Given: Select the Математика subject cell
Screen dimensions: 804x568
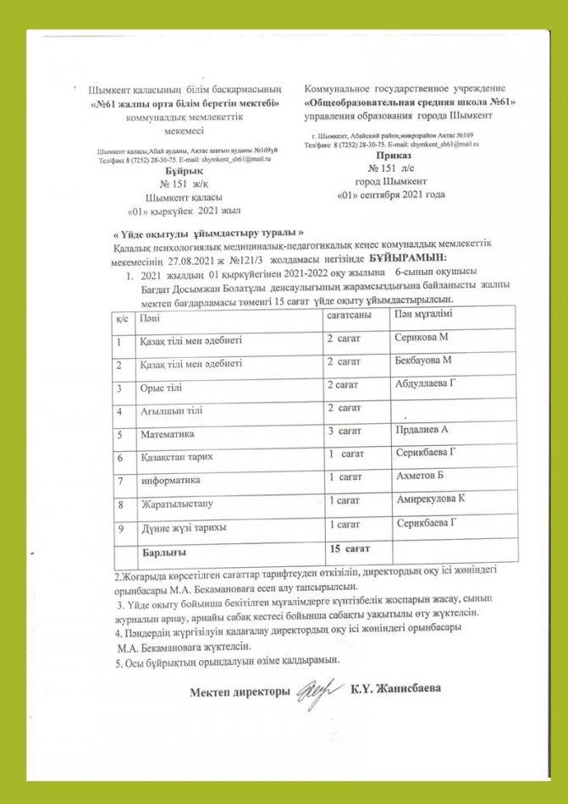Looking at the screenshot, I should click(167, 434).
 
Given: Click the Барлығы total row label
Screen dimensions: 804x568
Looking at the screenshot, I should click(164, 552).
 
